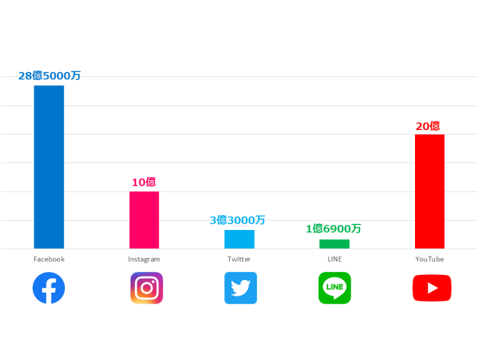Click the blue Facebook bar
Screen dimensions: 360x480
(49, 167)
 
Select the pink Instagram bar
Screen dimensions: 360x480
(144, 220)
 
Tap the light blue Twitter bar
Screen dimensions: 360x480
(239, 239)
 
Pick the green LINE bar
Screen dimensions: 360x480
(334, 244)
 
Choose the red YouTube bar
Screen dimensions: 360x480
(429, 191)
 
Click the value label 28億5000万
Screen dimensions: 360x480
(49, 76)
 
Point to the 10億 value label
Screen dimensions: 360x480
(144, 182)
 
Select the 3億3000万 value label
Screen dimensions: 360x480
(237, 220)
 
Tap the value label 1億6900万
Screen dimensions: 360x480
(333, 229)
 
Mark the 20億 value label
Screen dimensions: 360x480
(427, 126)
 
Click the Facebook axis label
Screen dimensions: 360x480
(49, 259)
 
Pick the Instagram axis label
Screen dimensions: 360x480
(144, 259)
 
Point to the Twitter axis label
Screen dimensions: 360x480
(239, 259)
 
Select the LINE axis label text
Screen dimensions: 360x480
(334, 259)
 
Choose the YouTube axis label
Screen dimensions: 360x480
(429, 259)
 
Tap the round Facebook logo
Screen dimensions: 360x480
(49, 288)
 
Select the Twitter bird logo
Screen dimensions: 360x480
(241, 288)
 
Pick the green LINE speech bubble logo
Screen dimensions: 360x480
(334, 288)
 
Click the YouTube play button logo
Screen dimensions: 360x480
(432, 288)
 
